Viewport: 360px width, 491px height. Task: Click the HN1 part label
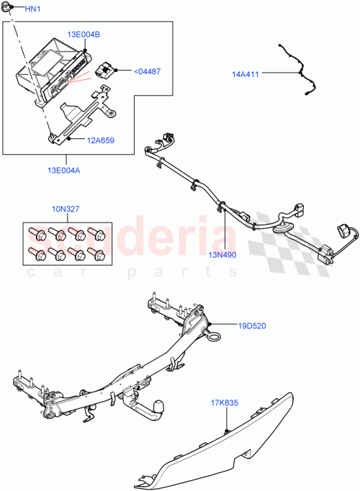(33, 9)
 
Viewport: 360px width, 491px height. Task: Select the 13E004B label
(84, 35)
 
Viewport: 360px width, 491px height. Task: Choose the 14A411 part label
(246, 73)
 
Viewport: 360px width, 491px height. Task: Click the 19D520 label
(252, 325)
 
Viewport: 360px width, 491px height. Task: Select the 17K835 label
(225, 403)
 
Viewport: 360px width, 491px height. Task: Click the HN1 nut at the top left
(11, 7)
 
